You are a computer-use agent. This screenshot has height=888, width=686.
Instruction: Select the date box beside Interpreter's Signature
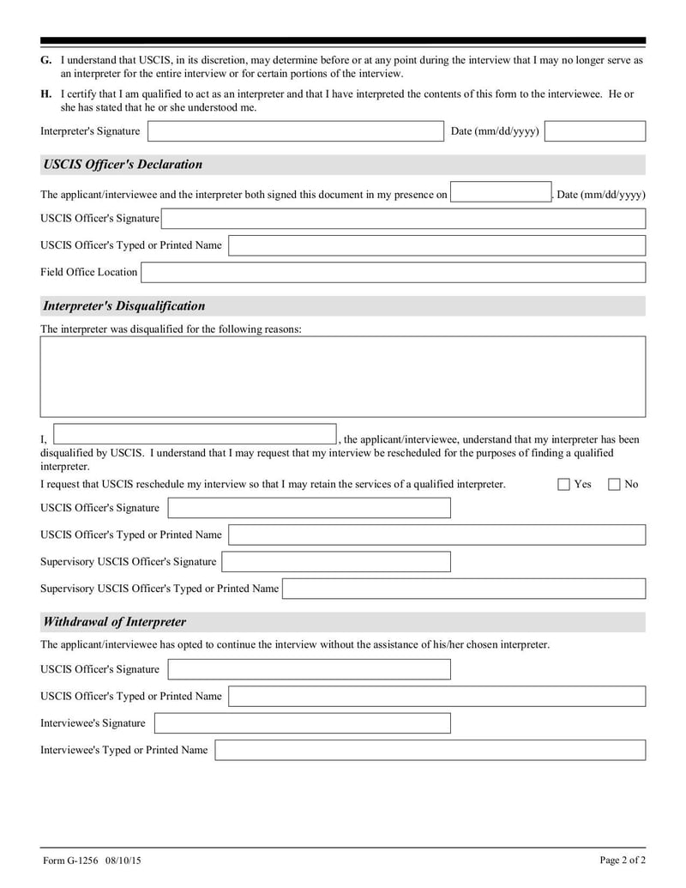594,131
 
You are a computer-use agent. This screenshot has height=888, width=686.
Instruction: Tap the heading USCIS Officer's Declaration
123,165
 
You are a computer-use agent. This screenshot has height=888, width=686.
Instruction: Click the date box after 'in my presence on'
500,192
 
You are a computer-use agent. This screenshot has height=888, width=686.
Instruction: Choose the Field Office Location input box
393,272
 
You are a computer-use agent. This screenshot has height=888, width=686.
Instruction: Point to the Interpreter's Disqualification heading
123,306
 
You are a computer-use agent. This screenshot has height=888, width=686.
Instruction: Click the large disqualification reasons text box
343,377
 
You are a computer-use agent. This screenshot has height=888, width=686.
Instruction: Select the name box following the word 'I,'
196,434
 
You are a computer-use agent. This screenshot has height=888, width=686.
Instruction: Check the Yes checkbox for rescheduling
563,484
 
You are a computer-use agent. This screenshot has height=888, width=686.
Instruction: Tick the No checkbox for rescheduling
614,484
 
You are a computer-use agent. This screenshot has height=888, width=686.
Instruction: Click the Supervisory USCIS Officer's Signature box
336,562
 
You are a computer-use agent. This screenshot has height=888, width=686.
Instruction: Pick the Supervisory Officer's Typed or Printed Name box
464,589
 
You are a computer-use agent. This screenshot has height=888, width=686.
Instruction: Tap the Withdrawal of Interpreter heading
114,622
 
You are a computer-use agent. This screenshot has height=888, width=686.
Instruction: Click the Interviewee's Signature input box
302,723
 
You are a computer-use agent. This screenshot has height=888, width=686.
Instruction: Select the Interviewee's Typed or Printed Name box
430,750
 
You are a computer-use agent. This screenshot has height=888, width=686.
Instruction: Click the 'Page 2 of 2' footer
623,860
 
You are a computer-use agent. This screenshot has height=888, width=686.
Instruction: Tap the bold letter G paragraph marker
45,60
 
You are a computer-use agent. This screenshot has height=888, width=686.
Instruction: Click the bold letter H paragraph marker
45,94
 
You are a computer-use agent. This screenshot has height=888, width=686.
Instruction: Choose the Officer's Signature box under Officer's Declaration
403,219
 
